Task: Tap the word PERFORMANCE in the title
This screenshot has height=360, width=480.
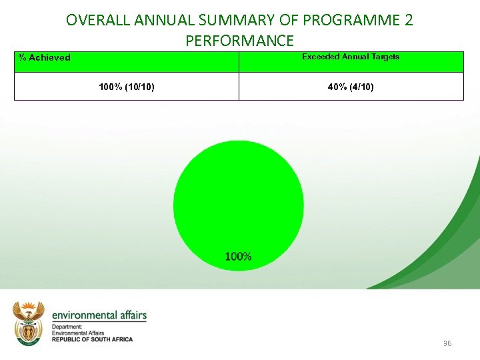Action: point(239,41)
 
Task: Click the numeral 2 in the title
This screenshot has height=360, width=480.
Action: point(408,20)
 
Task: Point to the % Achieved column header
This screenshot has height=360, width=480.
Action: point(45,58)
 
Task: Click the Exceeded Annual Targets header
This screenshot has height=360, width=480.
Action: point(351,57)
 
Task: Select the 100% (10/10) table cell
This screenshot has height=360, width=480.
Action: point(127,87)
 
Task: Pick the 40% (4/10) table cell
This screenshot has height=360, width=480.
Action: point(351,87)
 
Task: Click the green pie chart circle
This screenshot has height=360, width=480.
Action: point(238,200)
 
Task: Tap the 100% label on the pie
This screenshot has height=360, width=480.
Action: point(238,257)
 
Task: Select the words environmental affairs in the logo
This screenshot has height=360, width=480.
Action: point(99,315)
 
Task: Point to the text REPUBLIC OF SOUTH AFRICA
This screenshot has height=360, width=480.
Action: point(92,339)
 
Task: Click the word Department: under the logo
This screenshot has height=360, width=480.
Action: point(67,327)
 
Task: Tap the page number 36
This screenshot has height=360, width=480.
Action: point(447,343)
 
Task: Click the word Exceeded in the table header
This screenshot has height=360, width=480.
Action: point(320,57)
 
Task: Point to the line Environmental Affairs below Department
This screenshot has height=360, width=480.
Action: point(77,333)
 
